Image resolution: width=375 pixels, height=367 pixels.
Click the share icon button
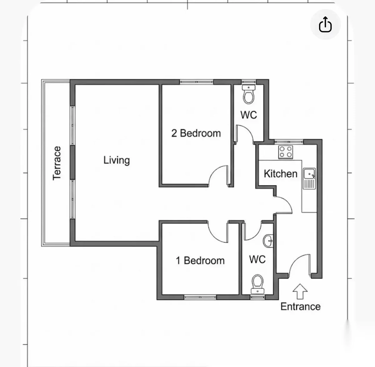coord(325,24)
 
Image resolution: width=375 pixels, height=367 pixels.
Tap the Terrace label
coord(57,163)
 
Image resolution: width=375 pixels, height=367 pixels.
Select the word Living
coord(117,160)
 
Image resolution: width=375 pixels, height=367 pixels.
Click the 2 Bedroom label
coord(196,133)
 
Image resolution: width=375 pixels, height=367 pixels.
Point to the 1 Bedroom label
coord(200,261)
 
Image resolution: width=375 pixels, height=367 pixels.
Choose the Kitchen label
coord(280,174)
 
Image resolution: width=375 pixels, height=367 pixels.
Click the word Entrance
coord(300,306)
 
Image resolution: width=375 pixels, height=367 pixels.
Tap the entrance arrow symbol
coord(300,291)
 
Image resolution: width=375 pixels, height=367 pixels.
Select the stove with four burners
coord(286,152)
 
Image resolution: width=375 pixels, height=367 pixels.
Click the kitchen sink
coord(309,179)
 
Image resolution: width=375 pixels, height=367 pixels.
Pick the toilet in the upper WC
coord(249,94)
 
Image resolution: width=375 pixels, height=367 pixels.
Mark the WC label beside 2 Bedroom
coord(248,115)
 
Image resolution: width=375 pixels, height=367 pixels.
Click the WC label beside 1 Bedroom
coord(257,259)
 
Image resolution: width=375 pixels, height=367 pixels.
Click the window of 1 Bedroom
coord(200,297)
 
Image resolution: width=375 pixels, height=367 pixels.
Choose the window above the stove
coord(289,141)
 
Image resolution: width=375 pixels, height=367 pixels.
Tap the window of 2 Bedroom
coord(196,82)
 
